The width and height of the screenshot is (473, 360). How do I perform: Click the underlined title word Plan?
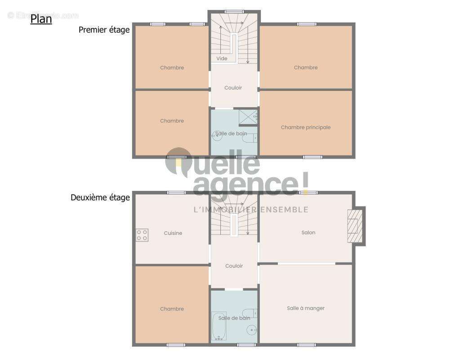coord(41,19)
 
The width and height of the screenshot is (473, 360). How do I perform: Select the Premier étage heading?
coord(104,30)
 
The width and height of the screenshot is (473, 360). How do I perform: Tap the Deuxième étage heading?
coord(100,197)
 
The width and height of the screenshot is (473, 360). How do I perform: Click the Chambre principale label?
coord(305,127)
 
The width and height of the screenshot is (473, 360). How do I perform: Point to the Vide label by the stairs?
coord(222,58)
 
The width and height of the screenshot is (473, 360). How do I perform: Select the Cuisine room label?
coord(173,233)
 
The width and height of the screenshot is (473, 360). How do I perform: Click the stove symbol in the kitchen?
coord(142,235)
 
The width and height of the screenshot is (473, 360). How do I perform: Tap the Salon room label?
coord(308,233)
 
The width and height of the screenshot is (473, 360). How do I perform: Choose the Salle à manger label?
coord(305,308)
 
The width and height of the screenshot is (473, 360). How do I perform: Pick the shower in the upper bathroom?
coord(248,117)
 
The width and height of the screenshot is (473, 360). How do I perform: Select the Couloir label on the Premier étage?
coord(233,88)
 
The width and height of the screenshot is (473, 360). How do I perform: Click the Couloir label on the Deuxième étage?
coord(234,266)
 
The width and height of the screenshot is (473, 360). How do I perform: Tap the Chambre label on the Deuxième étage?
coord(172,309)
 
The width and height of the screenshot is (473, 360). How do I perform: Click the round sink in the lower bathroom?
coord(251,330)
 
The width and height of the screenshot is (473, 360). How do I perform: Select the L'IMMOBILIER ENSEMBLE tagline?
coord(250,210)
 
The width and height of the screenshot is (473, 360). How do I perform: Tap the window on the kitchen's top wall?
coord(176,193)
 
